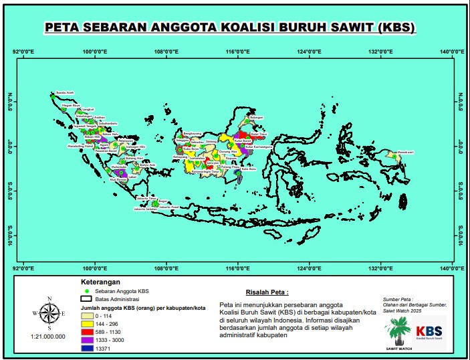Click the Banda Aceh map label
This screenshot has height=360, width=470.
[x=64, y=92]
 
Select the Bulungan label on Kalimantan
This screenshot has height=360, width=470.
[x=257, y=117]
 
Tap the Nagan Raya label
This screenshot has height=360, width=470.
[x=71, y=105]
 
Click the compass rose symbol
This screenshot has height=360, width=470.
[x=48, y=312]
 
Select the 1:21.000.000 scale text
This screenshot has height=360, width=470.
[x=48, y=337]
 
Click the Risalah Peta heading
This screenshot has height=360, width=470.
[x=267, y=292]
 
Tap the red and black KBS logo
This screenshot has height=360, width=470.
[x=430, y=332]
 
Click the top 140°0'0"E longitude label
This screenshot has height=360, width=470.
[x=453, y=50]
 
